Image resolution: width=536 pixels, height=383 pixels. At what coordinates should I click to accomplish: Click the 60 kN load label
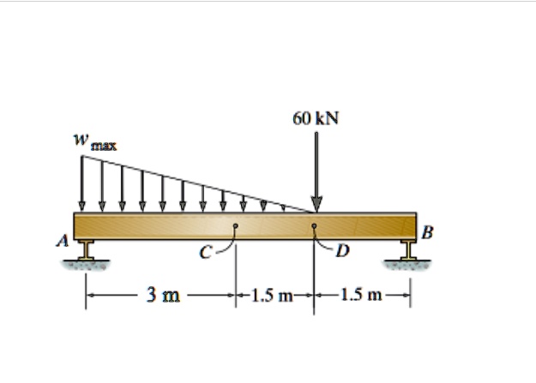315,117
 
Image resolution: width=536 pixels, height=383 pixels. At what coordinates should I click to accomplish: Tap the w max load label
93,142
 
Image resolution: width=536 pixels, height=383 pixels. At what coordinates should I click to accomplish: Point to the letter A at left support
63,242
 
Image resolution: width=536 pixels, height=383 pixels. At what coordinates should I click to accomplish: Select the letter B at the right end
428,231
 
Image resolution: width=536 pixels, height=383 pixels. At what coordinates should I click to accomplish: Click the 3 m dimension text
163,296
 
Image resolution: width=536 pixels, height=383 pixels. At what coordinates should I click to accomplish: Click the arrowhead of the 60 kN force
316,205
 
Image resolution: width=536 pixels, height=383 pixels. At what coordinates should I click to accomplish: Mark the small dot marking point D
315,227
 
